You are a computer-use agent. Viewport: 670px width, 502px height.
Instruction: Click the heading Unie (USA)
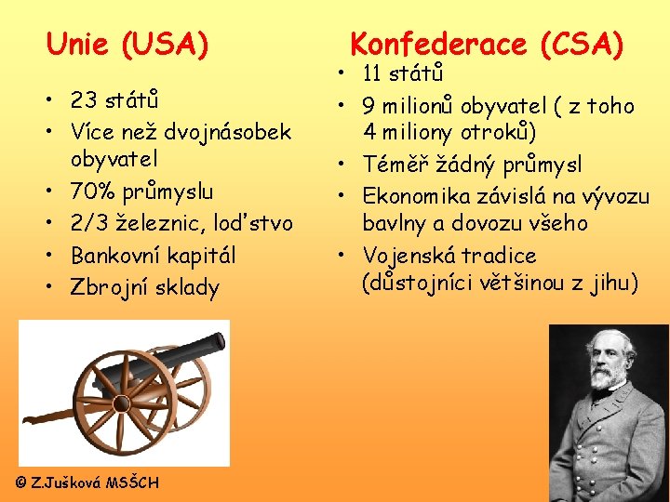[127, 44]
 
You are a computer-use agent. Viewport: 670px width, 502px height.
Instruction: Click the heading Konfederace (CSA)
[486, 44]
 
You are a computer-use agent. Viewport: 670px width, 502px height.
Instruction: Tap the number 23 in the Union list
[85, 99]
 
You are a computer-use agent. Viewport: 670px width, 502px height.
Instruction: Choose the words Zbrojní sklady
[145, 287]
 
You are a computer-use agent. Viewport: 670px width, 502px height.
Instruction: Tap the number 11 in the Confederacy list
[373, 73]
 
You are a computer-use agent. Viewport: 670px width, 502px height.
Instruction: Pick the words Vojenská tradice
[449, 255]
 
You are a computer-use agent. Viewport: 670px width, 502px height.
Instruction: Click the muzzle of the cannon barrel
[221, 342]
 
